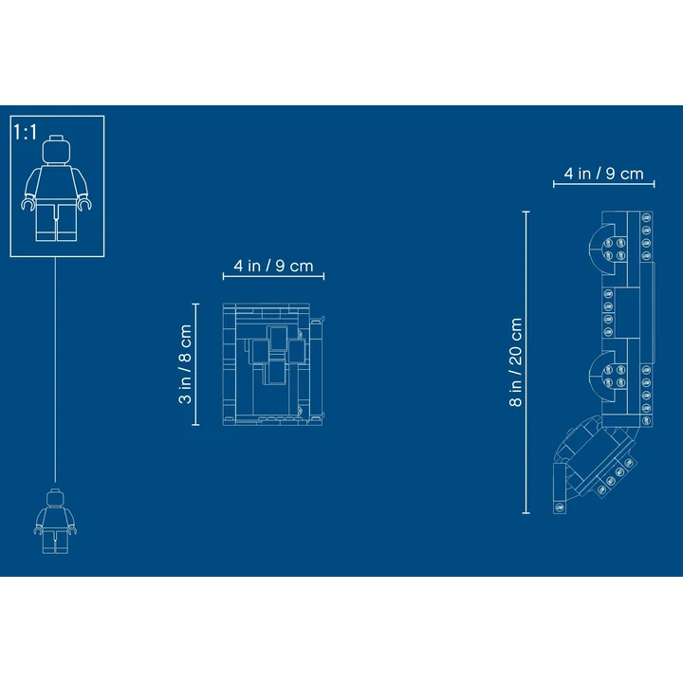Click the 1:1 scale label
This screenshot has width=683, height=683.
click(x=26, y=132)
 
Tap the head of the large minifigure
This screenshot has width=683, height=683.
click(x=56, y=150)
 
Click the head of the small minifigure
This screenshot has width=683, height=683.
click(x=55, y=497)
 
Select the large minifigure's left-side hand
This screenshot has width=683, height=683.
click(x=28, y=204)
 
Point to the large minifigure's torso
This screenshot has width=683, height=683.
click(x=56, y=183)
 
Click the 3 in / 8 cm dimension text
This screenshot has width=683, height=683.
click(x=185, y=364)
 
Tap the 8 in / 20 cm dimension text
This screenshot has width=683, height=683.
click(x=515, y=362)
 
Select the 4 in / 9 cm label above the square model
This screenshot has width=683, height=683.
click(x=273, y=266)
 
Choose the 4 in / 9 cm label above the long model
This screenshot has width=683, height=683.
click(x=603, y=174)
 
